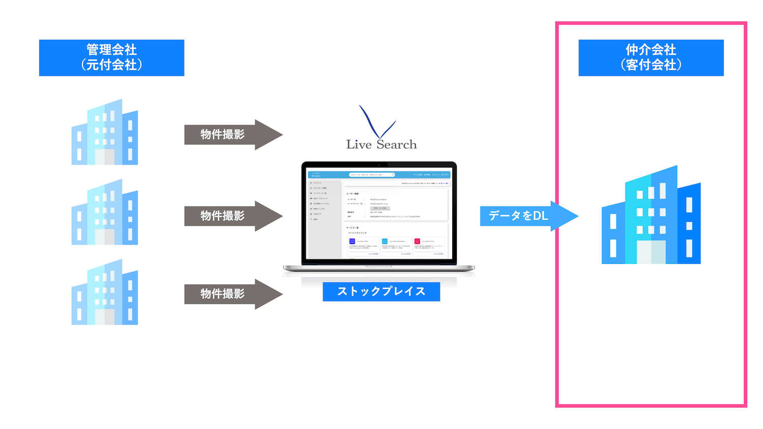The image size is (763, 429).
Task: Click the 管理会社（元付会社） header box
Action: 111,57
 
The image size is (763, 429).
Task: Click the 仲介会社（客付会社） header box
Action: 651,57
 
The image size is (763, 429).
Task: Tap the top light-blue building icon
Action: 105,132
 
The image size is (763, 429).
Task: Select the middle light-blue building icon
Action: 105,212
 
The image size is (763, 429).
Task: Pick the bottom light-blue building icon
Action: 105,292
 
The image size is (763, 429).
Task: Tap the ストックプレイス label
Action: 381,291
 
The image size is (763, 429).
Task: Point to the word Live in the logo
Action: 359,145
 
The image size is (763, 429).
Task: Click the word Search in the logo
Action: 397,145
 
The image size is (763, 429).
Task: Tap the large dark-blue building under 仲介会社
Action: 651,216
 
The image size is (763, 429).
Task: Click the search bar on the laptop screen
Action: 372,174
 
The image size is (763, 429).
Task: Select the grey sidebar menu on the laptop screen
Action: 324,219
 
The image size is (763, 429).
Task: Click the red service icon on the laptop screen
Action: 417,241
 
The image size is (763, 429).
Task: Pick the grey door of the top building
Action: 105,157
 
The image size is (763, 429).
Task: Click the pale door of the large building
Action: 651,252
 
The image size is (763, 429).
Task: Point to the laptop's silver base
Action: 379,268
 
